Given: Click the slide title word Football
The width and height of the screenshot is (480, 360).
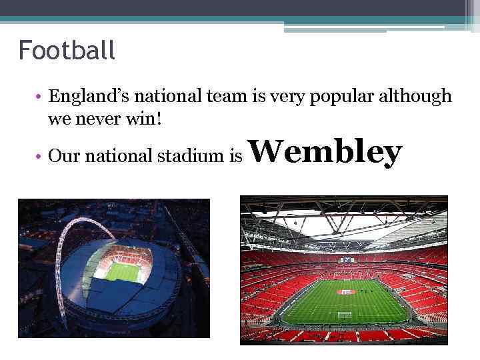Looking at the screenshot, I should [x=67, y=50].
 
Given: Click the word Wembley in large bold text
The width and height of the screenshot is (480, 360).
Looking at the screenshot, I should [x=327, y=153].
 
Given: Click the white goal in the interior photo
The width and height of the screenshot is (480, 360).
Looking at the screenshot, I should [x=344, y=315].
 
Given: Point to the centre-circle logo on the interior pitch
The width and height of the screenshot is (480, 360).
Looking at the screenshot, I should [x=346, y=292].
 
